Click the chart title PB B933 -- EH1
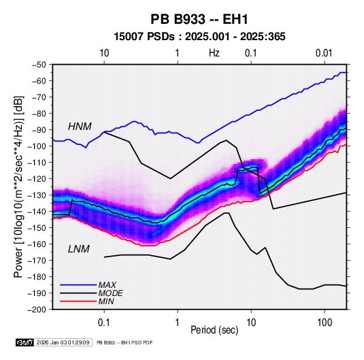click(199, 19)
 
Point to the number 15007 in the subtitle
click(129, 37)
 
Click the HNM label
click(80, 127)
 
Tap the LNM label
click(79, 249)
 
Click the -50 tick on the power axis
click(39, 65)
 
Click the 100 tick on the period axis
click(325, 323)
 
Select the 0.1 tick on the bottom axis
click(104, 323)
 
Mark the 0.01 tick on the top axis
click(324, 53)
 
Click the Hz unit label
click(214, 53)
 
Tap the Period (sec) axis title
click(214, 330)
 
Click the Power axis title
click(18, 186)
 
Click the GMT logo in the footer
click(24, 342)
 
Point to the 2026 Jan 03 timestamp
click(63, 342)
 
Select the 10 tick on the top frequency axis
click(104, 53)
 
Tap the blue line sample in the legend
click(78, 285)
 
